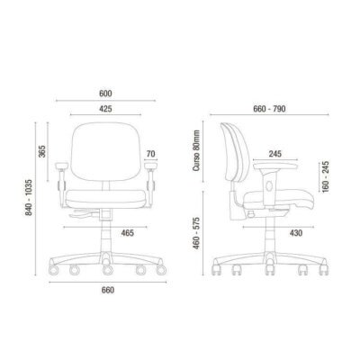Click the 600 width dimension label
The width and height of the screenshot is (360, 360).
(105, 94)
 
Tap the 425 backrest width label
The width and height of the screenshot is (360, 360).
(105, 109)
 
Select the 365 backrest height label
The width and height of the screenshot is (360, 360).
(42, 151)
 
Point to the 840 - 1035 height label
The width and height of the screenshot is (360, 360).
(29, 197)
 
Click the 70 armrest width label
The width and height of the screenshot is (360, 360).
(151, 154)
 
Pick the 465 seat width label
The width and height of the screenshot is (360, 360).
(128, 233)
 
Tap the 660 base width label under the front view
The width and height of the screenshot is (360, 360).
(108, 291)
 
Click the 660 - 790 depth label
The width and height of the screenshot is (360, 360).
(269, 109)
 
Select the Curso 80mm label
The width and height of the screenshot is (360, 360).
(196, 150)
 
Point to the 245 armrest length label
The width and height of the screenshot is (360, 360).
(275, 154)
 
